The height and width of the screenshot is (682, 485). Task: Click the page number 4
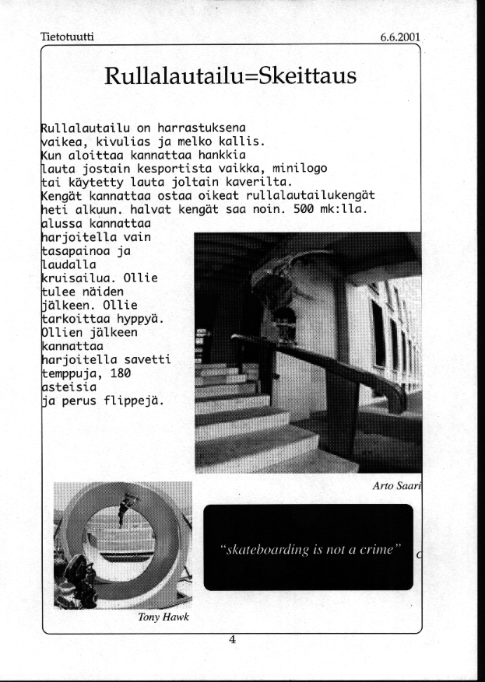[x=231, y=639]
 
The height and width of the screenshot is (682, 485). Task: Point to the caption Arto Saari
[x=397, y=486]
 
